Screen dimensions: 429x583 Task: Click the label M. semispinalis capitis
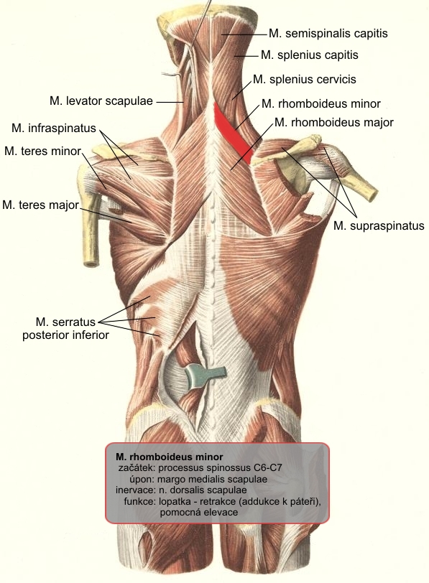328,34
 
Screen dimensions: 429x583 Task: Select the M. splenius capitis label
310,55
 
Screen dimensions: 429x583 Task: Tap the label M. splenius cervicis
305,80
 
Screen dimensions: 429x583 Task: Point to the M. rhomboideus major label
333,122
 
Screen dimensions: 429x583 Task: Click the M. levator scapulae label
101,101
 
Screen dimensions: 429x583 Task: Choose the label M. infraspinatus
54,129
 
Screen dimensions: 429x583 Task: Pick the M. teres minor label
43,151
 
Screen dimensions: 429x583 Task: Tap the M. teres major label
40,205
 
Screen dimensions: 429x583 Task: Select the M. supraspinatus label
379,225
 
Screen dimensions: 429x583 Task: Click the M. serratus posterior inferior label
65,328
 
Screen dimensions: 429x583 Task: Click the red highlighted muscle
235,134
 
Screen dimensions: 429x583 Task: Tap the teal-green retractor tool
205,376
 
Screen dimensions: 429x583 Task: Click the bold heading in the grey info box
170,457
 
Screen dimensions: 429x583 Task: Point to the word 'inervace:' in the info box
134,490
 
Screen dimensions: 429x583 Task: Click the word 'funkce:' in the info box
139,501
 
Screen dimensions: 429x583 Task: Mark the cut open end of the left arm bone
91,264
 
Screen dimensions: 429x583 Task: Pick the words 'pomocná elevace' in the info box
198,513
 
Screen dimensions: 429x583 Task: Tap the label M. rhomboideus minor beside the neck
320,103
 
